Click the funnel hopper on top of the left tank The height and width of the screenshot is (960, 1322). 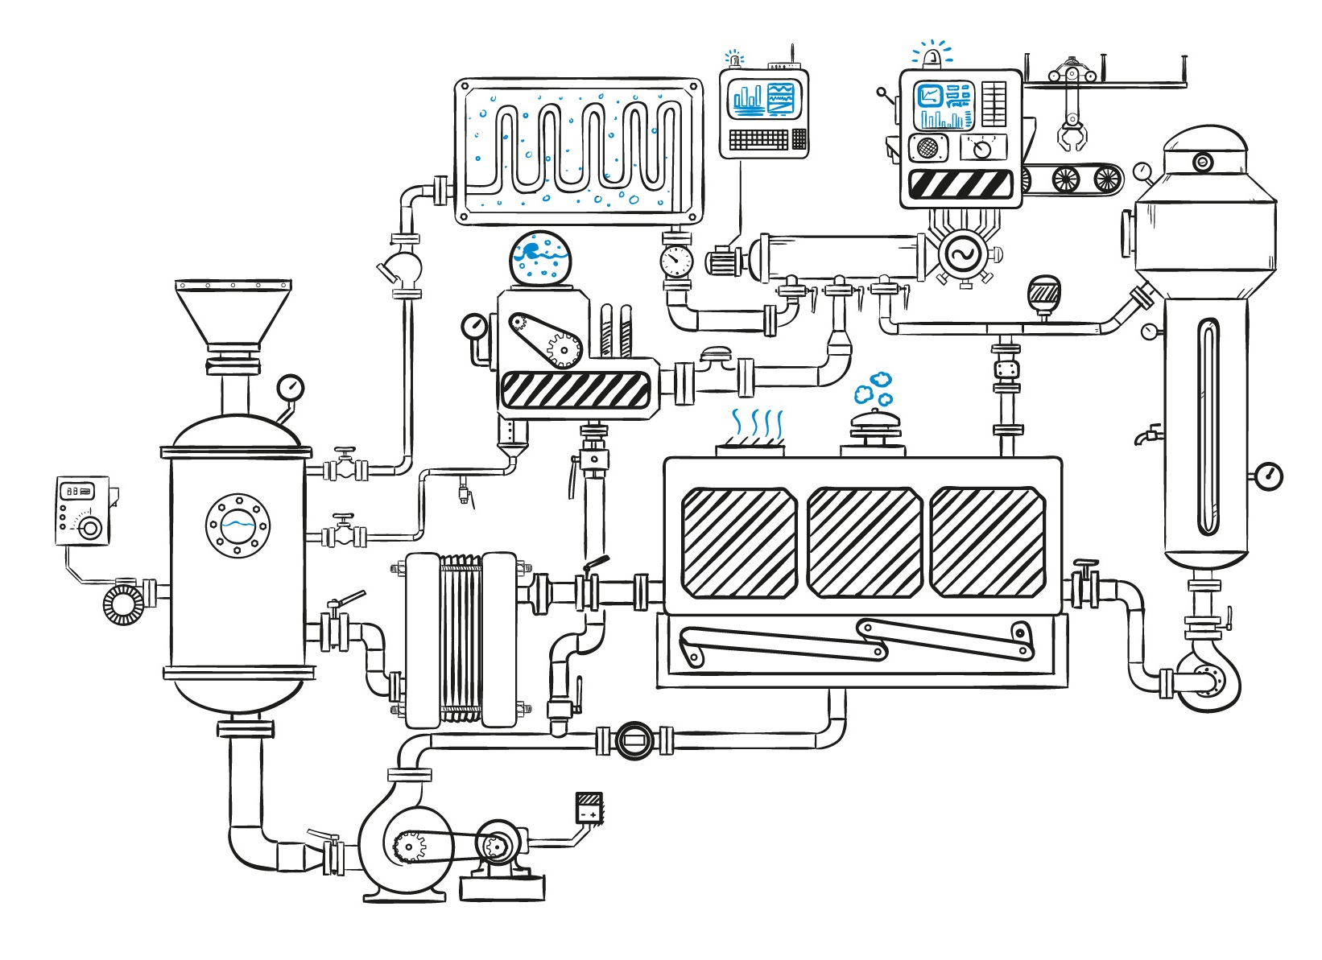pos(233,314)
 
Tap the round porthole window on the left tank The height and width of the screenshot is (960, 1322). pos(238,525)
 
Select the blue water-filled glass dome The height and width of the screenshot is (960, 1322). pos(540,258)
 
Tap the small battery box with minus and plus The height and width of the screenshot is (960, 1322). pos(589,807)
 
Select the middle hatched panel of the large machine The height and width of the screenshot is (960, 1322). pos(864,542)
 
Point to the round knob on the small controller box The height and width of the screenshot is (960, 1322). pos(90,528)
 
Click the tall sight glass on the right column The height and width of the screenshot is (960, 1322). pos(1208,426)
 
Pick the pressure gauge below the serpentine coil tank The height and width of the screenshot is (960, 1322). pos(675,260)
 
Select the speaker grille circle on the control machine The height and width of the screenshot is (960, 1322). pos(927,148)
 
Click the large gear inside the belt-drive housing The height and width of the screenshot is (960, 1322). pos(564,348)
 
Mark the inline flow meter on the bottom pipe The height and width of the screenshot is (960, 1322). pos(634,739)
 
